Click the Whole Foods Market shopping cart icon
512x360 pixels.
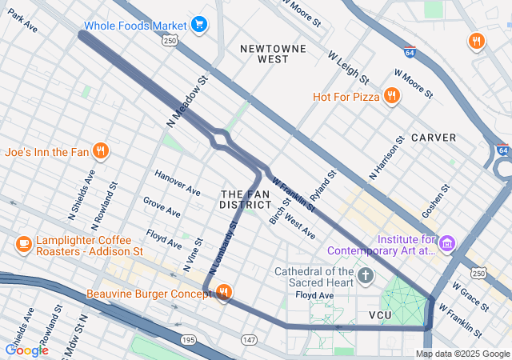pos(199,26)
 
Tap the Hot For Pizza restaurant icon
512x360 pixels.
pos(391,97)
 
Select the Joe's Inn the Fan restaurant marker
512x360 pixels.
pos(101,150)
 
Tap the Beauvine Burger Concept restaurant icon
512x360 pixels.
pos(223,294)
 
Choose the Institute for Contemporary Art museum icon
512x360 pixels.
pos(447,242)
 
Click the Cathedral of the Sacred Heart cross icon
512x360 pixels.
pos(366,277)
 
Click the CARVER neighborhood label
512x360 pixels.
pos(434,138)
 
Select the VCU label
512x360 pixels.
pos(382,316)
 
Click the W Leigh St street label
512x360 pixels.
pos(348,68)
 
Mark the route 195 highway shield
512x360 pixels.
pos(188,340)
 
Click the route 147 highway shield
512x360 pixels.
pos(250,340)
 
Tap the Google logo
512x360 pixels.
pos(26,350)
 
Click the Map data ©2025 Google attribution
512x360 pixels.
pos(462,354)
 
